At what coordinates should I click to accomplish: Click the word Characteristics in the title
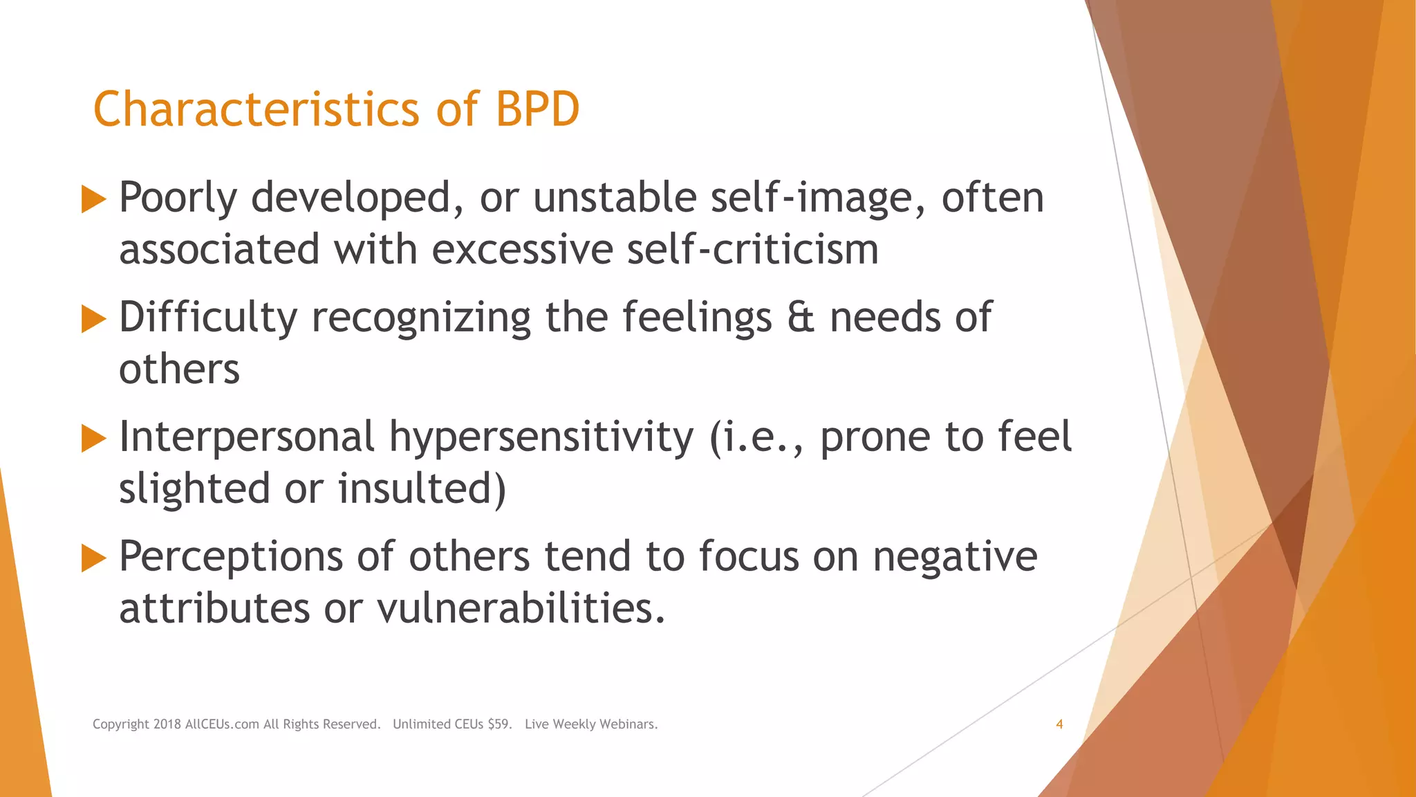pos(256,109)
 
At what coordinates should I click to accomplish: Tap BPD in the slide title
pos(537,109)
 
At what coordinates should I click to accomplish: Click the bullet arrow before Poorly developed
pos(93,199)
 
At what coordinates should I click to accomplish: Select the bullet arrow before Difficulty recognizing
pos(93,319)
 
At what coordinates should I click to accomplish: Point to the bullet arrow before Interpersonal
pos(93,439)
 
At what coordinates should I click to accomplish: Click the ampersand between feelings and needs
pos(801,318)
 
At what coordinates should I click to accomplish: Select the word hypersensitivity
pos(541,439)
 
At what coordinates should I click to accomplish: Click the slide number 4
pos(1059,724)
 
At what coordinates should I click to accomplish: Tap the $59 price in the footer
pos(499,724)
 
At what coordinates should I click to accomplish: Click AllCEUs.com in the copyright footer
pos(222,724)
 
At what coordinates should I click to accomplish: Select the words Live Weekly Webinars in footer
pos(591,724)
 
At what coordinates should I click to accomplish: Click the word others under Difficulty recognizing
pos(179,369)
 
